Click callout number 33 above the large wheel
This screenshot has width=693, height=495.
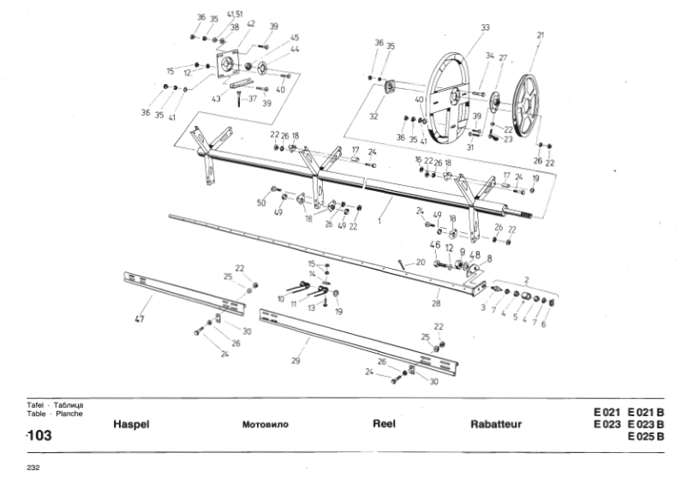485,28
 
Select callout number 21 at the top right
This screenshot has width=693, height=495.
540,35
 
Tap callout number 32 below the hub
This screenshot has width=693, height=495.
372,116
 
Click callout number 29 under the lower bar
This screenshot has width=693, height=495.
295,361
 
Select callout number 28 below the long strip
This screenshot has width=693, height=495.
436,302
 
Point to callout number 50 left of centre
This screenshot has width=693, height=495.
261,203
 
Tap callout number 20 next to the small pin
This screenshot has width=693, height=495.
421,262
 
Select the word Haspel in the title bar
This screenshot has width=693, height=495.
131,424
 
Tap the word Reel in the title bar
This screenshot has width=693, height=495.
383,423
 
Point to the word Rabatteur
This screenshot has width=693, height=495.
496,424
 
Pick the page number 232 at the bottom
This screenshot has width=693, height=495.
35,468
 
